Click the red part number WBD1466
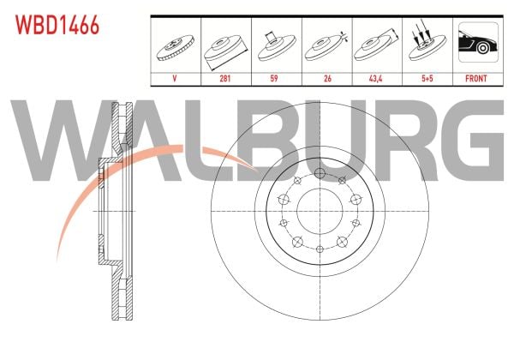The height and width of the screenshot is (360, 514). click(57, 25)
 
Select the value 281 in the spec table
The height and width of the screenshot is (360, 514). click(224, 79)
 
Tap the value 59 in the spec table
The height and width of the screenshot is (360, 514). click(274, 79)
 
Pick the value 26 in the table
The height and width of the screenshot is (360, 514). click(327, 79)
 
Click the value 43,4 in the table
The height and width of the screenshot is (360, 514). click(376, 79)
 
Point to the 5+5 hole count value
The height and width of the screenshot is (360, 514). click(427, 79)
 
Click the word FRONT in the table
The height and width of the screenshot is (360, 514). click(476, 79)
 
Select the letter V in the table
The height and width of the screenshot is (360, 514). click(175, 79)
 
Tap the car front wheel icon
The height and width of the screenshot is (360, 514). click(478, 42)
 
